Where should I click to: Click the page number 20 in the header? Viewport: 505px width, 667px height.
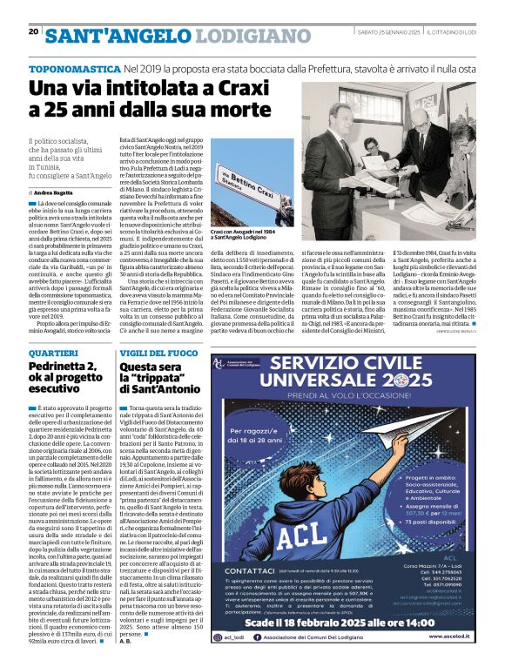33,31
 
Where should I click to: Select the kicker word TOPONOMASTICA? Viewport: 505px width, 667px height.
73,67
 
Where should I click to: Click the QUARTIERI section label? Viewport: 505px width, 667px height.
53,353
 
